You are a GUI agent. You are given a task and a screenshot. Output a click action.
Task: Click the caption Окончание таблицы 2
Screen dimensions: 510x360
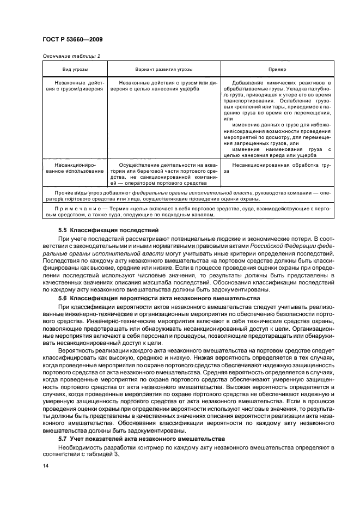click(71, 56)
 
